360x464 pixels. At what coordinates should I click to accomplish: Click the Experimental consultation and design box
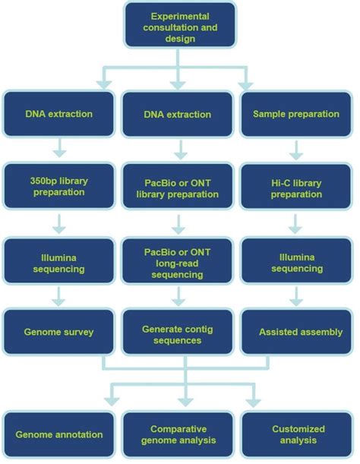tap(179, 28)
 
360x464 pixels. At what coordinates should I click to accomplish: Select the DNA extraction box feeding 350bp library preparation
tap(58, 114)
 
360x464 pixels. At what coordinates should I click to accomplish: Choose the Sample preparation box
tap(296, 114)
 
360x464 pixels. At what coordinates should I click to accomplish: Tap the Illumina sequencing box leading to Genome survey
tap(58, 260)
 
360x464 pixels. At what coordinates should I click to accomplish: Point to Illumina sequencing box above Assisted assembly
tap(296, 260)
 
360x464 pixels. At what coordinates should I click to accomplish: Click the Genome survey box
tap(58, 332)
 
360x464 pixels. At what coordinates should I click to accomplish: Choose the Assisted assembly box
tap(296, 332)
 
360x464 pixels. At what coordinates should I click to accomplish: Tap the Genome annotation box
tap(58, 434)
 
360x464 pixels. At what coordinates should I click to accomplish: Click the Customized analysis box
tap(296, 434)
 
